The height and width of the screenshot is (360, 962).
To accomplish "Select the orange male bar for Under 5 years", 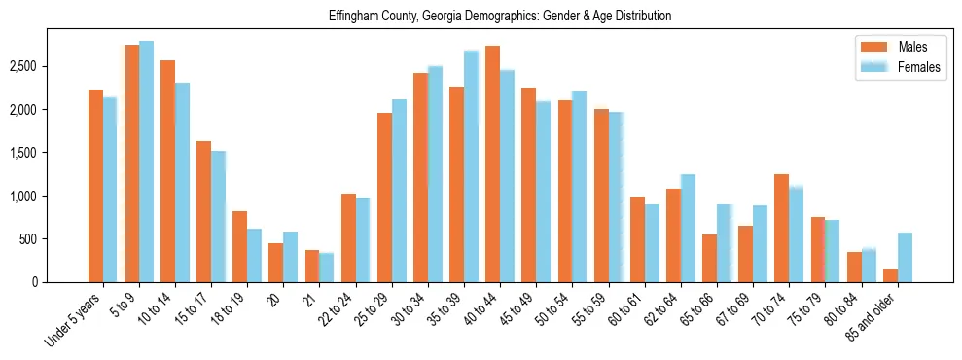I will click(95, 186).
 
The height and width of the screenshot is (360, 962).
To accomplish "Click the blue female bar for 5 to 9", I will click(146, 162).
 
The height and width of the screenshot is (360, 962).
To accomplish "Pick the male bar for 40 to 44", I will click(492, 164).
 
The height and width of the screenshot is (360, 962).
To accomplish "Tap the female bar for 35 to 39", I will click(471, 166).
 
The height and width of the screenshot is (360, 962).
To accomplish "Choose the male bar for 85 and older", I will click(890, 275).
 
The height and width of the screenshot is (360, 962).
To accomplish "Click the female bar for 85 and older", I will click(905, 258).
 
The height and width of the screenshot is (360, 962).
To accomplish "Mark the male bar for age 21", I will click(312, 267).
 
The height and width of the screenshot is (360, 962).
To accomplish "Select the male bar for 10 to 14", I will click(167, 171).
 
